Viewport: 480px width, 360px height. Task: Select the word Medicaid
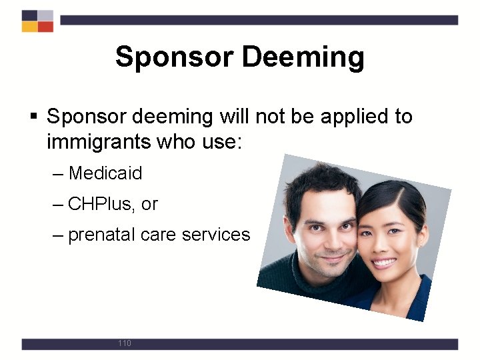[x=105, y=173]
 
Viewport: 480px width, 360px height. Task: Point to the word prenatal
[x=101, y=235]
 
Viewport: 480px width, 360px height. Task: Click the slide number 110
[x=124, y=343]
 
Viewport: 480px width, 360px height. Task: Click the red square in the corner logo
[x=45, y=27]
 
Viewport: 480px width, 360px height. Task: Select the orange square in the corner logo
[x=29, y=27]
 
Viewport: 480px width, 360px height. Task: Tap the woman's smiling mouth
[x=384, y=262]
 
